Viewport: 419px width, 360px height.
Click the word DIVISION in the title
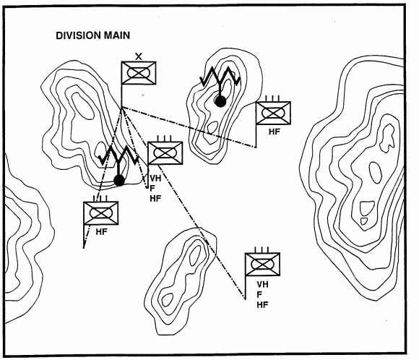(78, 35)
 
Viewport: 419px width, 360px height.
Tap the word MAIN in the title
(117, 35)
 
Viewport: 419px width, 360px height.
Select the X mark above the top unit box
(139, 56)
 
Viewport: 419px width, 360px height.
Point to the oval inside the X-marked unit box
(139, 72)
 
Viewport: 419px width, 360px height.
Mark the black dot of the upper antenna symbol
(220, 101)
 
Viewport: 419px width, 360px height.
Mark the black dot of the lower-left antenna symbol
(119, 181)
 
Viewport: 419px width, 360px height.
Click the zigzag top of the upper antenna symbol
(220, 76)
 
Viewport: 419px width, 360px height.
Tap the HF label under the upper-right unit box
(275, 132)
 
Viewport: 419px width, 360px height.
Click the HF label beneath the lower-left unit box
(102, 232)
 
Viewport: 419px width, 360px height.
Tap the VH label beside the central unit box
(155, 179)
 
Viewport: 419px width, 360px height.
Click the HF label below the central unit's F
(155, 199)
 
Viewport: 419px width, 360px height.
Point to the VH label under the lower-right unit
(263, 284)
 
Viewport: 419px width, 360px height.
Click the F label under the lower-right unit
(259, 294)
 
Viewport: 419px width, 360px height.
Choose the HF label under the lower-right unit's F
(263, 304)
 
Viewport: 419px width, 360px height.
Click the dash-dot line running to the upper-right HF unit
(189, 127)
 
